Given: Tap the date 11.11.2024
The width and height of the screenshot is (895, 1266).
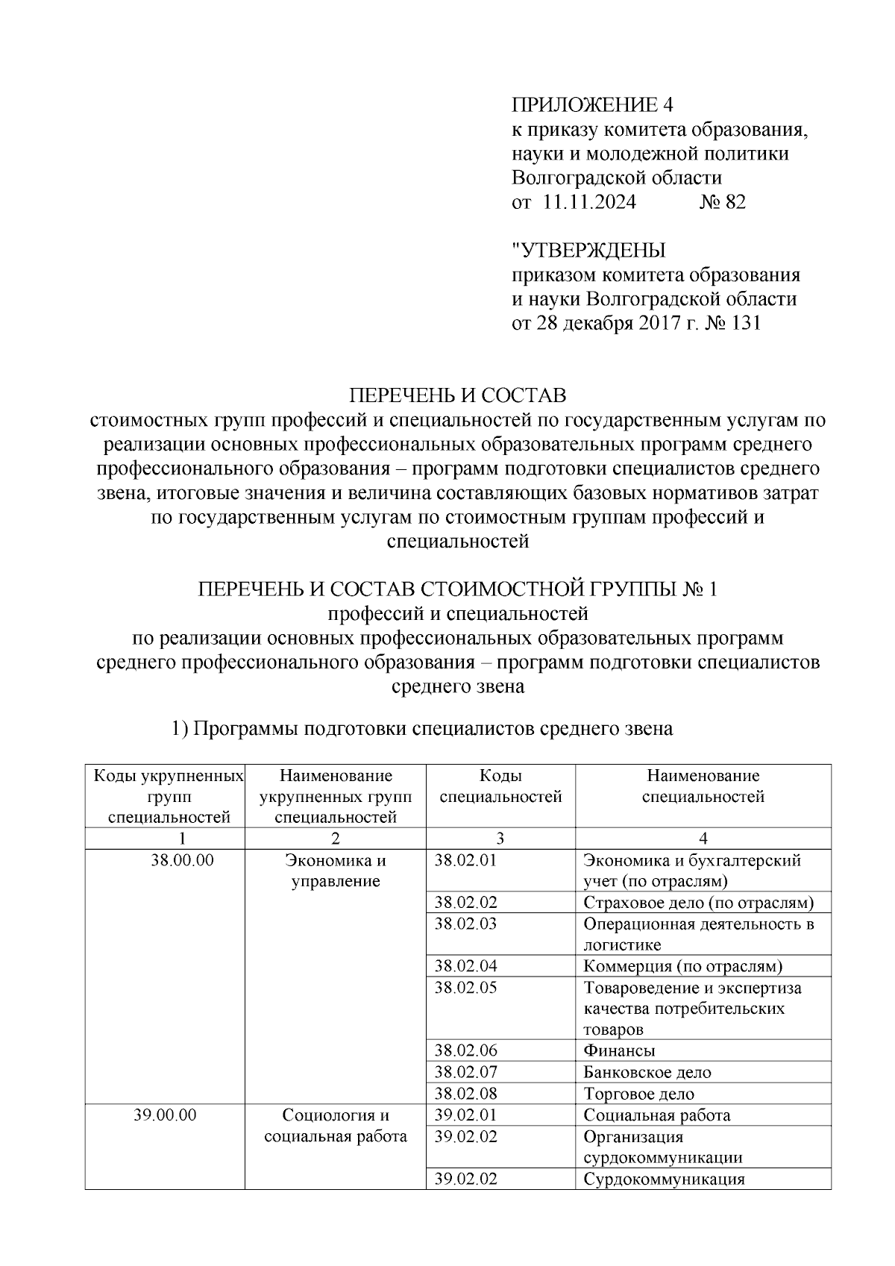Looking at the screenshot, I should pos(589,202).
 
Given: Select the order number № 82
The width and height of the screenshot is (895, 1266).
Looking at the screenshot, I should pos(721,202).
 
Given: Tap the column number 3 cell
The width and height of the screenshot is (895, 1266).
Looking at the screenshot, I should pos(500,838).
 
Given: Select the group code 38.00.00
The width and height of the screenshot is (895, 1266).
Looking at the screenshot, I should pos(182,860).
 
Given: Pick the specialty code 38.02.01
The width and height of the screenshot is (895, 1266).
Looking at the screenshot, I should pos(465,860).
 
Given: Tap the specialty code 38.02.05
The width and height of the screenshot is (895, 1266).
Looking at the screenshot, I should pos(465,988).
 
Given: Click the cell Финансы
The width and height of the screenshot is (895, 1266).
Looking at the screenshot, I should pos(619,1051).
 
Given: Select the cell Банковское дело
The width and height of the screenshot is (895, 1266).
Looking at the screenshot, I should pos(647,1073).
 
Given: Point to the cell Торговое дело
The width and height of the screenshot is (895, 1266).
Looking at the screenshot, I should pos(638,1094).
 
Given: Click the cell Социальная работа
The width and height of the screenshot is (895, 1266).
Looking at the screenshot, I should pos(656,1115).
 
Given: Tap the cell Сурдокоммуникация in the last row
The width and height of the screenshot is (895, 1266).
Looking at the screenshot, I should pos(664,1179).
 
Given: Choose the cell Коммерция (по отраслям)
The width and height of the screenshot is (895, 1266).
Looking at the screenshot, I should pos(682,967).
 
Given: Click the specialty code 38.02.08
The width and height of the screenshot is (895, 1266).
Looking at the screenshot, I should pos(465,1094).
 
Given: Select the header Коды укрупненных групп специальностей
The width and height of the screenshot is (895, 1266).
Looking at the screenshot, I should pos(169,797).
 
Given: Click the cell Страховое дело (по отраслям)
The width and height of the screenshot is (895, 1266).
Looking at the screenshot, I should pos(697,903).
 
